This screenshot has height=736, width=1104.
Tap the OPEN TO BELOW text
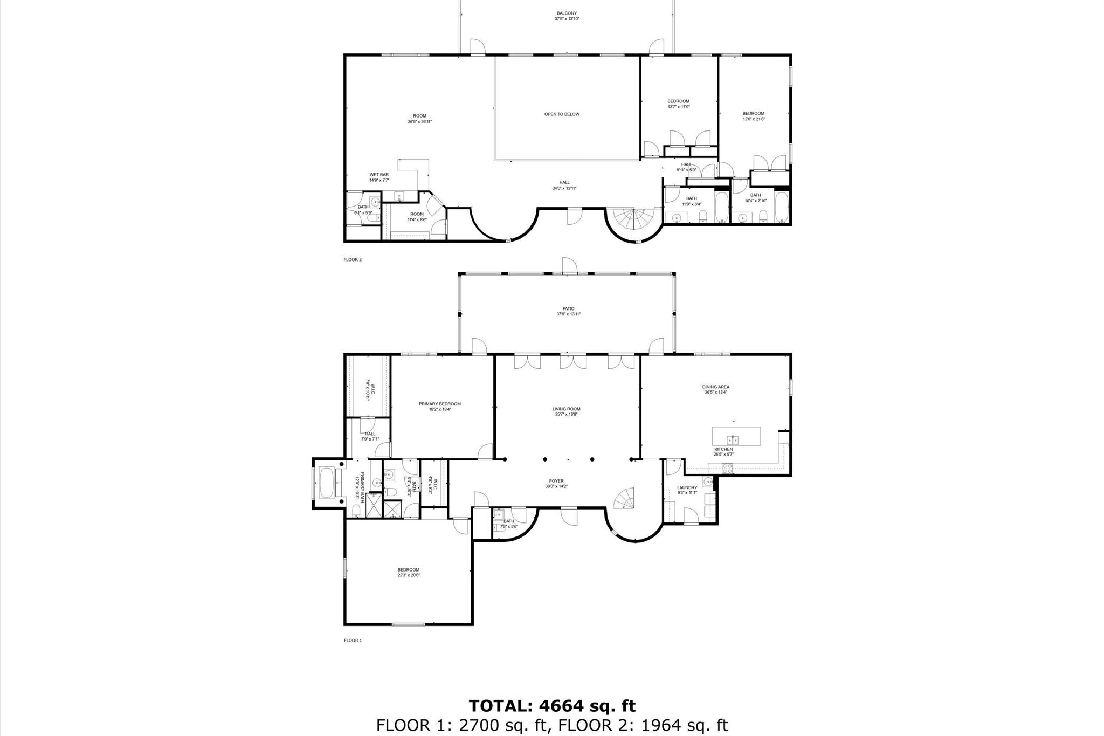click(562, 114)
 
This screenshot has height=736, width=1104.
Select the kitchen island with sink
click(736, 436)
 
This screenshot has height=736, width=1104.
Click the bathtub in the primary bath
click(327, 483)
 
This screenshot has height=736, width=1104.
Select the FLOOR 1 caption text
click(353, 641)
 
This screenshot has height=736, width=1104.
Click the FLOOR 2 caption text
click(353, 259)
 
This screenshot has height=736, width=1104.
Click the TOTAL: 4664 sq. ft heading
click(552, 706)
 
